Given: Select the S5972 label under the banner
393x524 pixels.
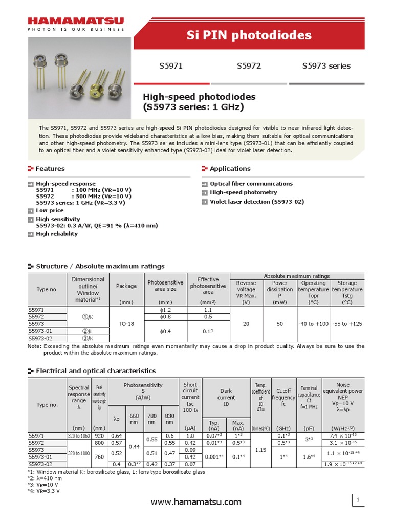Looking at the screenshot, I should tap(249, 66).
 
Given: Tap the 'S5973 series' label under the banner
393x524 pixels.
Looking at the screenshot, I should tap(326, 66).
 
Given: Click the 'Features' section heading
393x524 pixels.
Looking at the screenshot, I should tap(50, 169).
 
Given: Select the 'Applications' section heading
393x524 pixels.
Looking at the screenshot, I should tap(230, 169).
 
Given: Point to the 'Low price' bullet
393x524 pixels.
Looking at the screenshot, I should tap(50, 210).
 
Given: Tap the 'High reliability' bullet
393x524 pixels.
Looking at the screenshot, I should tap(57, 234).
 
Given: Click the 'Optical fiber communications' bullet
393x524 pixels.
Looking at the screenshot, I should tap(251, 184).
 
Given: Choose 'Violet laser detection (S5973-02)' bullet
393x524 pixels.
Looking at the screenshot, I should tap(257, 202).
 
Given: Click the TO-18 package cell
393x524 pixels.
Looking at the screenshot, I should tap(126, 324).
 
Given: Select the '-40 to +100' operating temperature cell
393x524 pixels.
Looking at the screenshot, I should tap(314, 324).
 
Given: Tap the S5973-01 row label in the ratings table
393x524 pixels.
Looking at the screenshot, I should tap(40, 331).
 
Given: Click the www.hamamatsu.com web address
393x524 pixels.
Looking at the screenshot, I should tap(196, 502).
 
